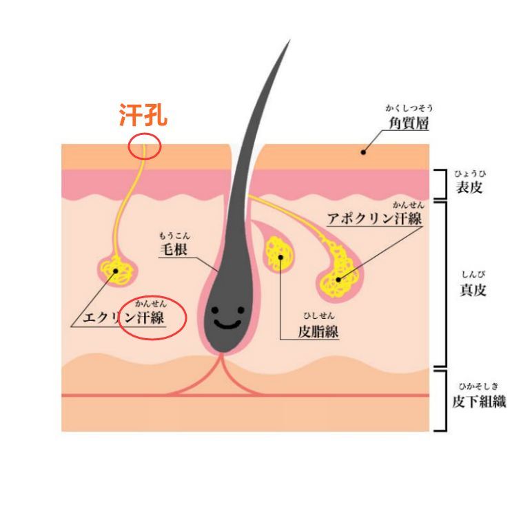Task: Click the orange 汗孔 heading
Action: tap(143, 115)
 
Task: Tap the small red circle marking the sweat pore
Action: tap(145, 134)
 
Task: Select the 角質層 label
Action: tap(409, 123)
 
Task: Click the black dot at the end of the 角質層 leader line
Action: tap(363, 152)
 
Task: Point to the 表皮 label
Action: tap(469, 187)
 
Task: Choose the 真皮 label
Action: tap(473, 289)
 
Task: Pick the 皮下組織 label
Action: tap(479, 402)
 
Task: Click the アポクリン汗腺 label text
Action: tap(375, 218)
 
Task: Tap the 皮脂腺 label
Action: tap(318, 331)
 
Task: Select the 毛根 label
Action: tap(174, 249)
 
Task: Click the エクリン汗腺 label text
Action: tap(123, 318)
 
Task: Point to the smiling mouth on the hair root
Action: tap(227, 324)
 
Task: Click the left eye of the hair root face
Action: tap(214, 310)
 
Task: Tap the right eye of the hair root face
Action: tap(241, 310)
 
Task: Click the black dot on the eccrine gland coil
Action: tap(116, 271)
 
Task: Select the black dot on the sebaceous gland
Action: tap(280, 258)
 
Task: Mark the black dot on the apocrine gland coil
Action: tap(338, 280)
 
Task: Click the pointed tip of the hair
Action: tap(289, 41)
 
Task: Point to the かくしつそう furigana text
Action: tap(409, 108)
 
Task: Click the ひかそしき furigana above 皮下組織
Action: tap(478, 386)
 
